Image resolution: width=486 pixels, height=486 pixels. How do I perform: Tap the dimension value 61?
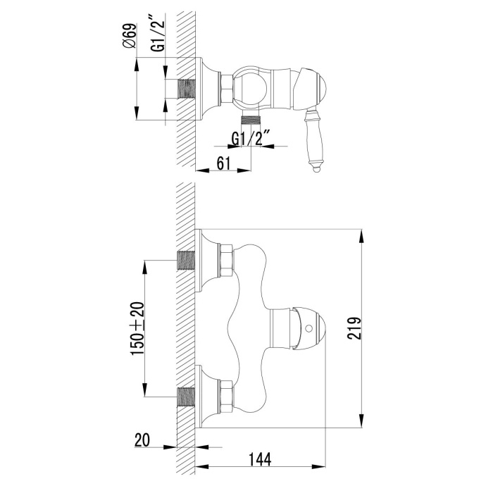pos(223,163)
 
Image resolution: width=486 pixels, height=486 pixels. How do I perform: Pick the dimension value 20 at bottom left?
pos(143,440)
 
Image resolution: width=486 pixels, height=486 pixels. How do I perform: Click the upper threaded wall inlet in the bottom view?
pos(186,261)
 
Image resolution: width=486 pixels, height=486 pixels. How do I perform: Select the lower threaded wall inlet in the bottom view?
pos(186,398)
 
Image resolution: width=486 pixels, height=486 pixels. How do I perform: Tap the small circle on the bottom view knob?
pos(311,328)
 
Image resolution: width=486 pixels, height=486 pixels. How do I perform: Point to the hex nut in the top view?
pos(222,90)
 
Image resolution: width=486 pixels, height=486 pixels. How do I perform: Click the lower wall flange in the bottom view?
pos(206,398)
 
